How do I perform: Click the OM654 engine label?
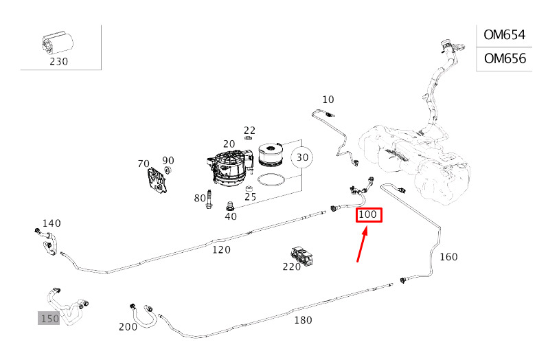click(504, 35)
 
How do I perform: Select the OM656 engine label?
click(505, 58)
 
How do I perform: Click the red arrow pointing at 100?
click(363, 244)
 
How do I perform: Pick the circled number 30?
click(301, 157)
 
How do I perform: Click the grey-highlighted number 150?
click(49, 319)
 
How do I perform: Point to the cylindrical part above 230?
click(57, 44)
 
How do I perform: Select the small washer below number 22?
click(249, 138)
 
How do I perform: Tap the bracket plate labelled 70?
click(157, 181)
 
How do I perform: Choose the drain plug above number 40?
click(229, 206)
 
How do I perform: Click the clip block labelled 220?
click(302, 256)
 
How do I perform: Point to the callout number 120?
click(221, 249)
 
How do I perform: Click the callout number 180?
click(303, 320)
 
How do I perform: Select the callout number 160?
click(448, 256)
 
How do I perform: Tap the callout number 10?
click(328, 100)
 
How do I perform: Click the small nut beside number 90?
click(167, 170)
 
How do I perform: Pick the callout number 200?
click(128, 327)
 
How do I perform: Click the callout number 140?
click(52, 223)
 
